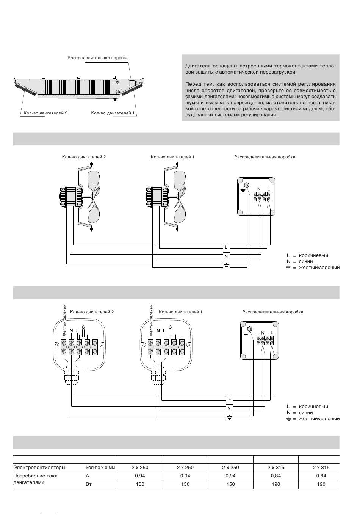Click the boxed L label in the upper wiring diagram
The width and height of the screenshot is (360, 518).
pos(226,247)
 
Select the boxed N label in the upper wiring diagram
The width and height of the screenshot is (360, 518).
pos(226,256)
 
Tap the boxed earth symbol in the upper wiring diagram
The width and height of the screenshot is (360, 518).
pos(226,266)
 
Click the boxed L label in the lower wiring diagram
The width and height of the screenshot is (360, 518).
pos(229,398)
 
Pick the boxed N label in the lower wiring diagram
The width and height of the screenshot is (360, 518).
pos(229,408)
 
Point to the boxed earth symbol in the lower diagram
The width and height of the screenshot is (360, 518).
pos(229,418)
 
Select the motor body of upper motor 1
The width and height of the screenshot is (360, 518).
pos(157,196)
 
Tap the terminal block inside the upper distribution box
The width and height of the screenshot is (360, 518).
pos(262,196)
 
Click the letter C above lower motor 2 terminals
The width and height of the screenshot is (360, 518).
pos(83,327)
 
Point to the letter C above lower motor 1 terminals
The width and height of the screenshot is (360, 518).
pos(170,327)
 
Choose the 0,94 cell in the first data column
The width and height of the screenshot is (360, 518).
pos(140,476)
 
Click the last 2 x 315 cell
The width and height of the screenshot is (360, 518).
pos(321,467)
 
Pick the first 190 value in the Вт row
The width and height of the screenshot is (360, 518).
pos(276,484)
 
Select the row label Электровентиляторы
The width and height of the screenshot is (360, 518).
pos(39,468)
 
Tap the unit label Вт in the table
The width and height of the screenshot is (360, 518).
pos(89,484)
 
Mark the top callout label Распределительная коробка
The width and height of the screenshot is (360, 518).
pos(98,58)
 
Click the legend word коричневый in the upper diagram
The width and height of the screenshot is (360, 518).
pos(313,255)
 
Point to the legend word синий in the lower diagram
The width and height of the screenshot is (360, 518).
pos(306,413)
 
